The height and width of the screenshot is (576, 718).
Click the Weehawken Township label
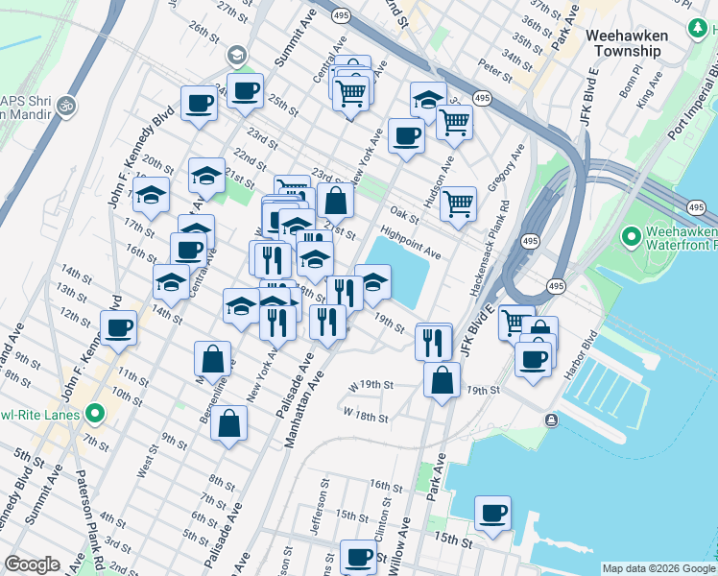click(x=627, y=42)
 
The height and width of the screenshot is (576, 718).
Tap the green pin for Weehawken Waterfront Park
click(x=632, y=235)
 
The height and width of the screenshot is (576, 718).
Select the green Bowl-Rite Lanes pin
click(x=94, y=415)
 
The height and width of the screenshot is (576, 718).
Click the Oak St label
click(x=400, y=213)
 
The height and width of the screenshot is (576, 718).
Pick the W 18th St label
click(x=366, y=417)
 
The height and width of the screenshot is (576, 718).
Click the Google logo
click(x=33, y=564)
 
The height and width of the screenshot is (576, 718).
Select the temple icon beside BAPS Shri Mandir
click(x=66, y=104)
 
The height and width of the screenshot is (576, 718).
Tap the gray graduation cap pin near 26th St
click(x=237, y=56)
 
